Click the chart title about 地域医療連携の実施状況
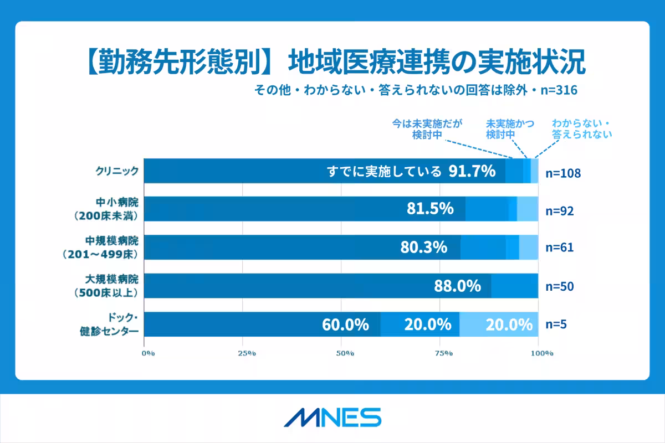[332, 63]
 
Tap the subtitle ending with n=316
[416, 90]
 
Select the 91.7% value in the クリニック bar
[472, 171]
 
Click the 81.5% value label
[431, 209]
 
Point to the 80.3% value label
[424, 248]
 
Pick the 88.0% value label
[457, 286]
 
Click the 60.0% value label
[346, 324]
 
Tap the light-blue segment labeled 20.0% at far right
[509, 324]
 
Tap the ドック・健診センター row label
[110, 324]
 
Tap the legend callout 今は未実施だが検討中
[427, 128]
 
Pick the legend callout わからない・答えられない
[581, 128]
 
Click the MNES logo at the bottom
[332, 418]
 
